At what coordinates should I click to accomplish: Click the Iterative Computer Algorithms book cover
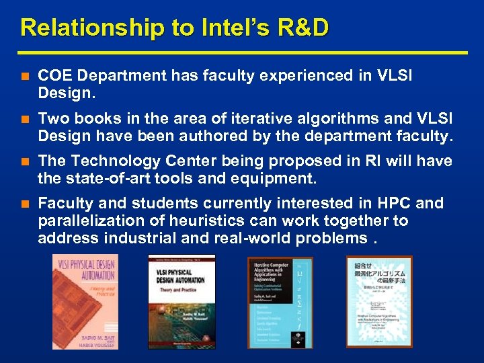pos(280,302)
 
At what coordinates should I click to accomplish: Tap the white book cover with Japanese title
pos(379,302)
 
